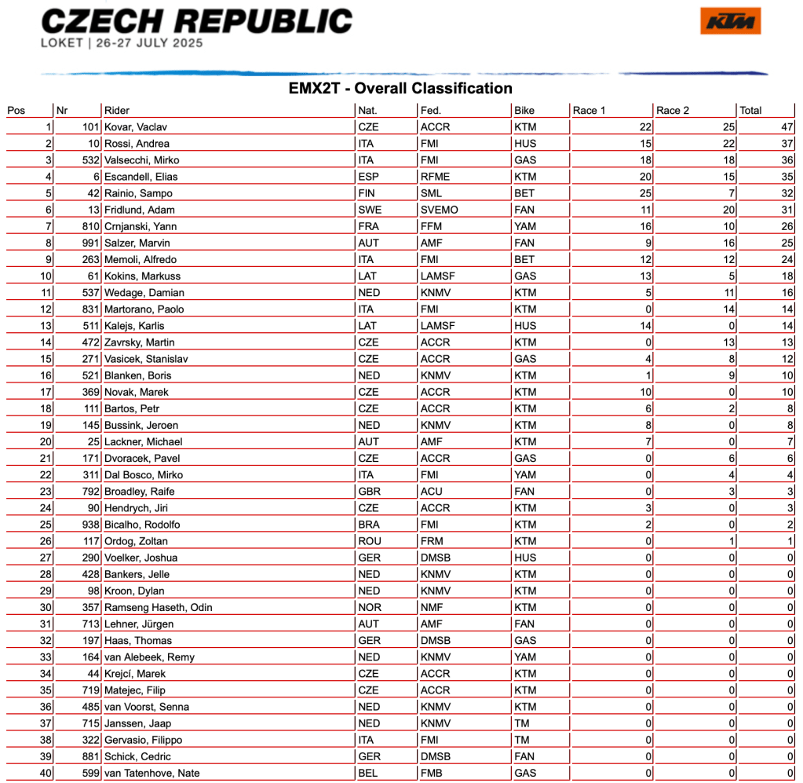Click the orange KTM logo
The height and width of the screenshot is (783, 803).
click(x=730, y=21)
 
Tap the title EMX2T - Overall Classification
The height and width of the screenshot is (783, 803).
click(x=400, y=89)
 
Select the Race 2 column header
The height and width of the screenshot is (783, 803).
click(x=673, y=111)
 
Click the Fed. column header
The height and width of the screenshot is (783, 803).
click(x=431, y=111)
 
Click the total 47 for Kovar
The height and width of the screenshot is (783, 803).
click(x=787, y=127)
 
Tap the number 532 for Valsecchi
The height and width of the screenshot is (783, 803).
click(x=90, y=160)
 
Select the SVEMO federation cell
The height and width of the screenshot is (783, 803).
click(x=440, y=210)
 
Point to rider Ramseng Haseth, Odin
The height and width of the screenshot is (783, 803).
click(x=158, y=607)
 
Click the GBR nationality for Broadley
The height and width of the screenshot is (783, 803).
click(x=369, y=492)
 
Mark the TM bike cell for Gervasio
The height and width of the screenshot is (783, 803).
click(x=523, y=740)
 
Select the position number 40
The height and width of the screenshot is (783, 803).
click(x=45, y=773)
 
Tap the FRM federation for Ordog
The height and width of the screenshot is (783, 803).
click(x=433, y=541)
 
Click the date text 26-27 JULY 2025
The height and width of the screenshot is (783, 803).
click(x=151, y=43)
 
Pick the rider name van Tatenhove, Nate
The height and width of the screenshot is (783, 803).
click(x=151, y=773)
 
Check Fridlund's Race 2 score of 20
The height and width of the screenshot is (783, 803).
click(x=728, y=210)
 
